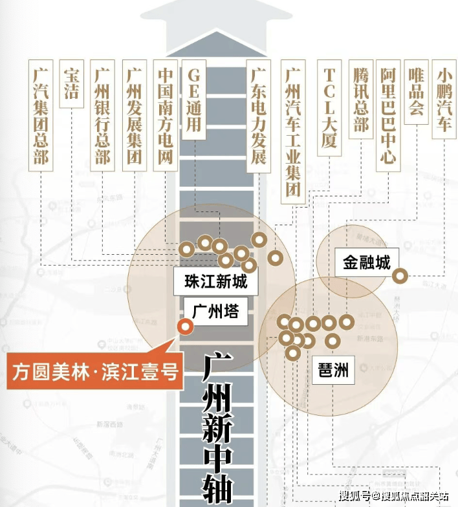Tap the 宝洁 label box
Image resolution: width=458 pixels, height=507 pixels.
[x=71, y=84]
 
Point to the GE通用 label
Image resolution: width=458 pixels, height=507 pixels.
[x=193, y=100]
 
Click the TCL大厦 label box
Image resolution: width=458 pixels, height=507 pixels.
[x=329, y=108]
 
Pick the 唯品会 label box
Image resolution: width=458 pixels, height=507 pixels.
[x=416, y=92]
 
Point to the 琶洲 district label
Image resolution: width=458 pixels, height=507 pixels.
[x=333, y=371]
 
